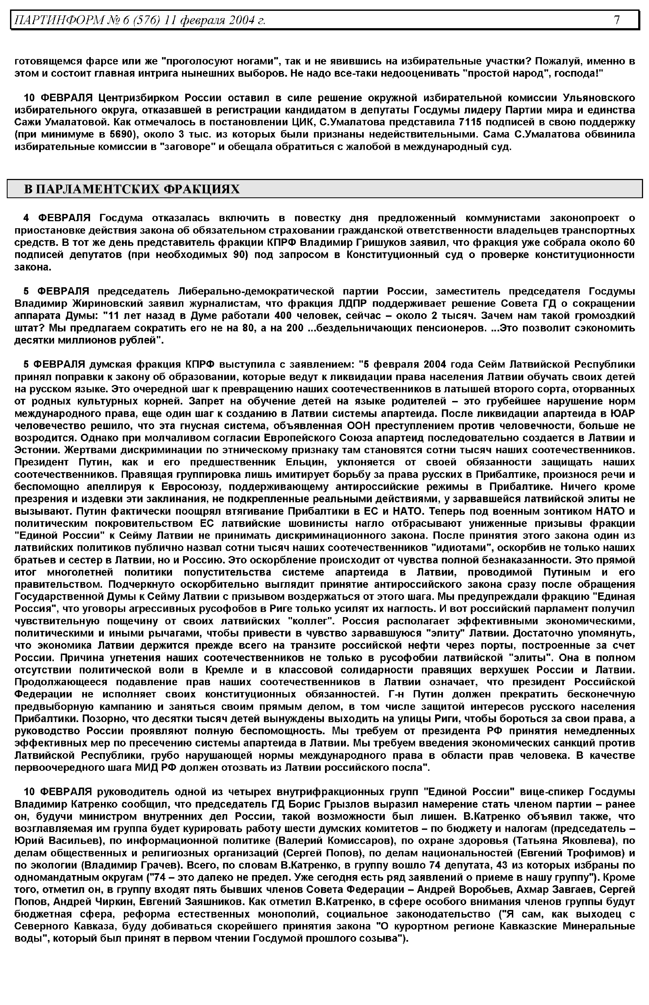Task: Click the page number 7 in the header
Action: click(x=617, y=20)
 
